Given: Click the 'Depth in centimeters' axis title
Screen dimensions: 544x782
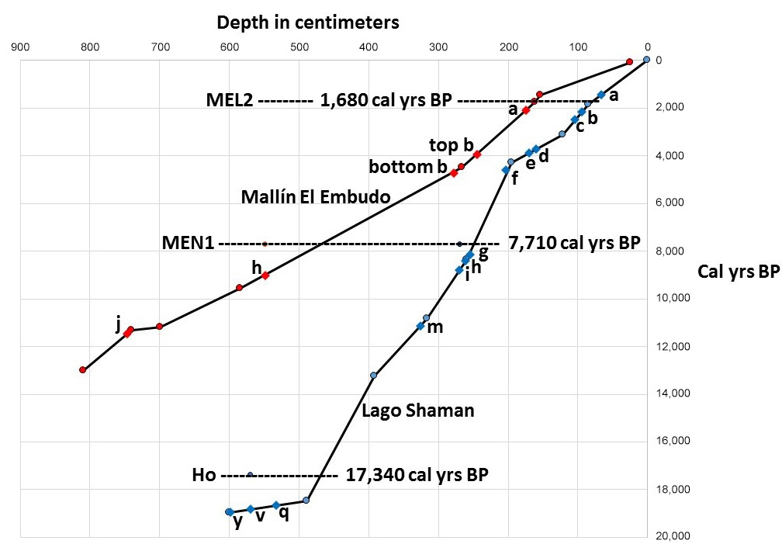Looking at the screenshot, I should [x=307, y=22].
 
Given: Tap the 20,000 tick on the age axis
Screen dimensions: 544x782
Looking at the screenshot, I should [x=673, y=537].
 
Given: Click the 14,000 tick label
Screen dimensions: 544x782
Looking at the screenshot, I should [x=673, y=394].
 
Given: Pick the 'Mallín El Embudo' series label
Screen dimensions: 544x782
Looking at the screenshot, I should [x=316, y=196].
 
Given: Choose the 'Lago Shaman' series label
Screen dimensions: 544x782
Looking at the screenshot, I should [x=417, y=410].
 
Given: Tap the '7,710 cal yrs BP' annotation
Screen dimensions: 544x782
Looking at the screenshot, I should [x=574, y=243].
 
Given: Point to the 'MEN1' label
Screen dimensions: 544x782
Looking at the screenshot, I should [x=188, y=243].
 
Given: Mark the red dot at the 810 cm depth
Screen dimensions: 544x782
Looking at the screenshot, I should [x=83, y=369].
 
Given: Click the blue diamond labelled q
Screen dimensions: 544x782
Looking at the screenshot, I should [x=276, y=505].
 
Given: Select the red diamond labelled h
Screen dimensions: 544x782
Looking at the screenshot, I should [x=265, y=275].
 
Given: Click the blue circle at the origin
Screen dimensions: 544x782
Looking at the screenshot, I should [x=647, y=60].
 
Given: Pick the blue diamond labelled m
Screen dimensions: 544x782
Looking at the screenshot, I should [x=420, y=326].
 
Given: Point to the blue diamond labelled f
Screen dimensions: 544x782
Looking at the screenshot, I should [x=506, y=170].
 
